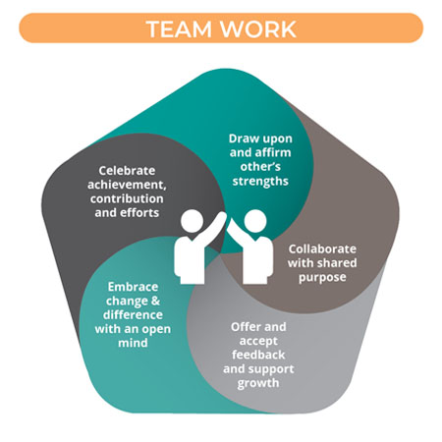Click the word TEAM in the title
click(179, 28)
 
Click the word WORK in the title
click(258, 28)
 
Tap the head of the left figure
click(192, 221)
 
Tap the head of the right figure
click(255, 221)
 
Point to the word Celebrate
click(127, 171)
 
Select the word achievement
click(127, 185)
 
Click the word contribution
click(127, 198)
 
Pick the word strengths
click(260, 181)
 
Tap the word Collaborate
click(322, 249)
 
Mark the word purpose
click(322, 277)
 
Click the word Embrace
click(133, 287)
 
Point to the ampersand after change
click(155, 301)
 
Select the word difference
click(133, 315)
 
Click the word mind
click(133, 343)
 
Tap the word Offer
click(245, 327)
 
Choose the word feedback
click(258, 355)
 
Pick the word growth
click(258, 383)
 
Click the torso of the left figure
click(190, 258)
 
